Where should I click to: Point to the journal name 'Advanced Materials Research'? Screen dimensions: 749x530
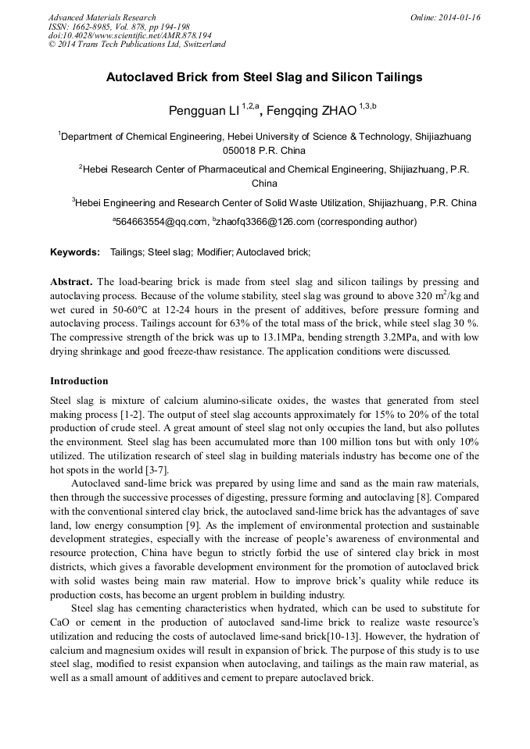pyautogui.click(x=102, y=17)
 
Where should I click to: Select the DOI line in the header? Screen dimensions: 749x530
pyautogui.click(x=130, y=35)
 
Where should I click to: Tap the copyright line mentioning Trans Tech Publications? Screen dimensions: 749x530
pyautogui.click(x=137, y=45)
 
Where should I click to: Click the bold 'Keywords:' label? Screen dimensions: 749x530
pyautogui.click(x=75, y=252)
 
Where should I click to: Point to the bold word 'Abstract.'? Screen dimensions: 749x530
pyautogui.click(x=72, y=281)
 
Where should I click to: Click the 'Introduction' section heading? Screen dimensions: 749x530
pyautogui.click(x=79, y=381)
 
